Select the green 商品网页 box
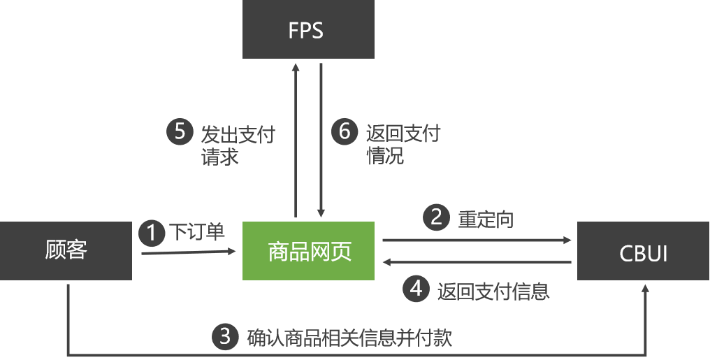coord(308,251)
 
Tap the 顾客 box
coord(66,251)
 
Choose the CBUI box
coord(643,252)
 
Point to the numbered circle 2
coord(437,218)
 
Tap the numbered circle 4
coord(417,289)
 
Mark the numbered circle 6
coord(344,131)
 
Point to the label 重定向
coord(486,219)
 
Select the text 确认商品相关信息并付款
coord(350,338)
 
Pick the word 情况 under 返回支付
coord(385,155)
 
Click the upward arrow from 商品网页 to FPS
coord(296,140)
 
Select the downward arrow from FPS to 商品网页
coord(321,140)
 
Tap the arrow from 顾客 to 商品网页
coord(189,252)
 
